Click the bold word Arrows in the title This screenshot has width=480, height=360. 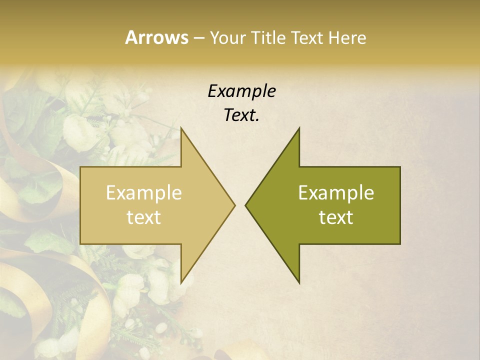pos(156,37)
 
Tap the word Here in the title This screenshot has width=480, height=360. pos(347,37)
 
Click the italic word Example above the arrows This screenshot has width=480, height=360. pos(241,91)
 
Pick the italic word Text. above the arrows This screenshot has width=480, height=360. pos(241,115)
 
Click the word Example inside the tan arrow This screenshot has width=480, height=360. pos(143,192)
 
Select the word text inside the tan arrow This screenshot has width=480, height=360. pos(143,217)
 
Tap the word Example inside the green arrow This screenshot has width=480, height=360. pos(336,192)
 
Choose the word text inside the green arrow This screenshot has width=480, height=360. pos(336,217)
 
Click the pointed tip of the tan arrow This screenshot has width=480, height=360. pos(235,205)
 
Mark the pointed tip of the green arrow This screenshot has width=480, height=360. pos(245,205)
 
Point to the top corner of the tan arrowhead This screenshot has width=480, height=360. pos(181,127)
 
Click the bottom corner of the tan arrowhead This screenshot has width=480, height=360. pos(181,283)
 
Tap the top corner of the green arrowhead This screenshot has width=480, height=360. pos(299,127)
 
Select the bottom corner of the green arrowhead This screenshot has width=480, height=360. pos(299,283)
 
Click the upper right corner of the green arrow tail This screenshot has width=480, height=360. pos(400,167)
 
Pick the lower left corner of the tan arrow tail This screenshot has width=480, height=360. pos(80,244)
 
